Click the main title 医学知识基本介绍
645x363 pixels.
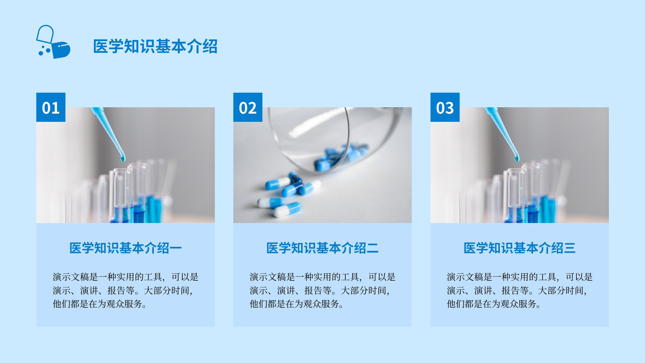(x=155, y=46)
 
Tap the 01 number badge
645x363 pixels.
(x=51, y=107)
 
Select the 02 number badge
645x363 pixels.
(x=248, y=107)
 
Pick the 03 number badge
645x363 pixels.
(x=445, y=107)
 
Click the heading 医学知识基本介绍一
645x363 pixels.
(x=125, y=248)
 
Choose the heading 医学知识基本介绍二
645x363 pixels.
(x=322, y=248)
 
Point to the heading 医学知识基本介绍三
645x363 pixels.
(x=520, y=248)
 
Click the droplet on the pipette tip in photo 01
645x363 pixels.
(x=123, y=158)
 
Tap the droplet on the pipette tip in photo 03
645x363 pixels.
(x=517, y=158)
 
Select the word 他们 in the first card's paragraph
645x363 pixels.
(x=62, y=304)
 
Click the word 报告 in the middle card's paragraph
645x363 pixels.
(x=313, y=290)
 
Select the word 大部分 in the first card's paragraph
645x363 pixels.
(x=157, y=290)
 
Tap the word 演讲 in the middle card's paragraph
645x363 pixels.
(x=286, y=290)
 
